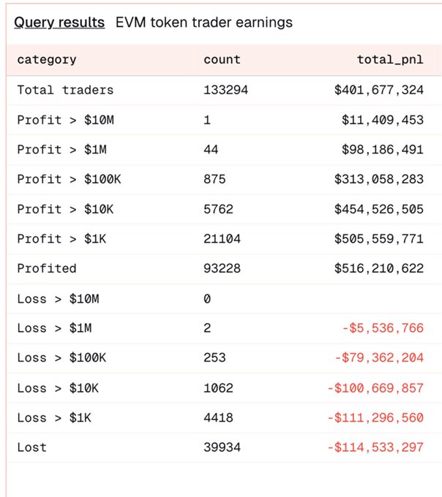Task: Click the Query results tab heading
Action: coord(59,23)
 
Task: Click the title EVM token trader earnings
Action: coord(203,23)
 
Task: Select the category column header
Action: coord(47,60)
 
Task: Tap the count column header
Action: coord(222,60)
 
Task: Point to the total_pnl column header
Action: coord(390,60)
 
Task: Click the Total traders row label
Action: coord(65,90)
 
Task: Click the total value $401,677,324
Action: coord(378,90)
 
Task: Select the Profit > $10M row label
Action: coord(65,120)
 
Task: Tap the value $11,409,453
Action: coord(382,120)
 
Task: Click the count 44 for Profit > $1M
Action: coord(211,149)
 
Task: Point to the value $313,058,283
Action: coord(378,179)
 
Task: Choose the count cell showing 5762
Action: coord(218,209)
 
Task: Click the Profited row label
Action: coord(47,268)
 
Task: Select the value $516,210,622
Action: coord(378,268)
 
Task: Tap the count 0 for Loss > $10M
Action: coord(207,298)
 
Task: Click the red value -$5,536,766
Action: coord(382,328)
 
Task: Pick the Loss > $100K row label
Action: coord(61,358)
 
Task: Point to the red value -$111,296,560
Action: coord(375,417)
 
